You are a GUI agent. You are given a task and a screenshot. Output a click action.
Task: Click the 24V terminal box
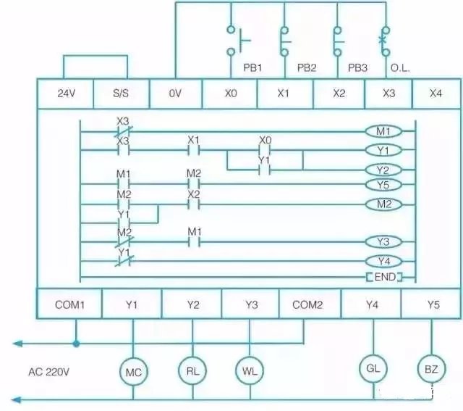(65, 94)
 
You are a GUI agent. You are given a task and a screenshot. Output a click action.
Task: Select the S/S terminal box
(121, 94)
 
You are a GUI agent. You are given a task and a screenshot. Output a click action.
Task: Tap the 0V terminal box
(176, 94)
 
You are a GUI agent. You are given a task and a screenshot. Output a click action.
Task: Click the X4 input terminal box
(436, 94)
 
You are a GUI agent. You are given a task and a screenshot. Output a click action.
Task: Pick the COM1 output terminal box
(69, 304)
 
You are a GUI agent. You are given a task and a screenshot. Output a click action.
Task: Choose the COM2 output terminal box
(307, 304)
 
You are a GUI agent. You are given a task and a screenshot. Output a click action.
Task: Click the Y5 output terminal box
(432, 304)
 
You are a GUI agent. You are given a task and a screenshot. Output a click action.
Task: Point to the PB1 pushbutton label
(251, 67)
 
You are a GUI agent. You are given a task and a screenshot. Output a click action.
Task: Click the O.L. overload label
(399, 67)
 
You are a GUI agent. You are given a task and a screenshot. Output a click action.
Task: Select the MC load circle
(132, 372)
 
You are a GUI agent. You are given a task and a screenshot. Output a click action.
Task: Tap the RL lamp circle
(192, 370)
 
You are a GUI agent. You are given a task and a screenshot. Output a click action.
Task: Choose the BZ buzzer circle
(431, 369)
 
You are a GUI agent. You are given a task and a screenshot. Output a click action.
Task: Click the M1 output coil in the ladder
(383, 131)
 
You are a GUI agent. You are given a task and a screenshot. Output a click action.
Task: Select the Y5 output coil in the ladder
(383, 184)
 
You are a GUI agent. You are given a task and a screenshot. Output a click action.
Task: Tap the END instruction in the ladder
(383, 277)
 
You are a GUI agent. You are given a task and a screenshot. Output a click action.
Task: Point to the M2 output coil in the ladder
(383, 204)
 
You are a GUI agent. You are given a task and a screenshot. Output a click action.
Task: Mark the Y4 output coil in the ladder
(383, 260)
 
